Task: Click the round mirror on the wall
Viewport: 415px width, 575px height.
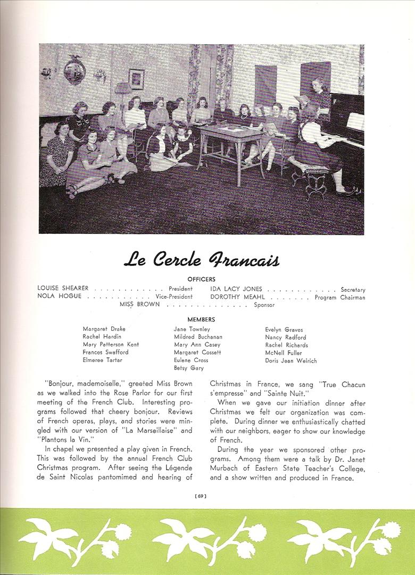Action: point(74,70)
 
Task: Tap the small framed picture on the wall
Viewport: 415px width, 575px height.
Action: point(136,79)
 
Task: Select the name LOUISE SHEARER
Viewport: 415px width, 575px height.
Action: point(63,289)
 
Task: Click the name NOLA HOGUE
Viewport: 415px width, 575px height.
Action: point(60,297)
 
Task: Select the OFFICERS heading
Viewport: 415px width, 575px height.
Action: point(201,279)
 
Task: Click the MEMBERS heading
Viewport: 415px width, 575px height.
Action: point(201,319)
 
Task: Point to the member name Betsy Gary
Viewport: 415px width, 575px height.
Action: point(188,368)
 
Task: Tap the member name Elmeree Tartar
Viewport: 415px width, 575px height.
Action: point(102,360)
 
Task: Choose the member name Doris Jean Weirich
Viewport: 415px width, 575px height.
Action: point(290,360)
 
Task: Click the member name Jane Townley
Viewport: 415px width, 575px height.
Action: point(192,329)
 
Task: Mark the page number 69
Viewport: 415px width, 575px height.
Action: point(201,496)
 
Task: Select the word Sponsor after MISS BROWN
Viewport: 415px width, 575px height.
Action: point(264,305)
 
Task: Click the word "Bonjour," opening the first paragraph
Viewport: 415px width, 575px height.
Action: point(62,383)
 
